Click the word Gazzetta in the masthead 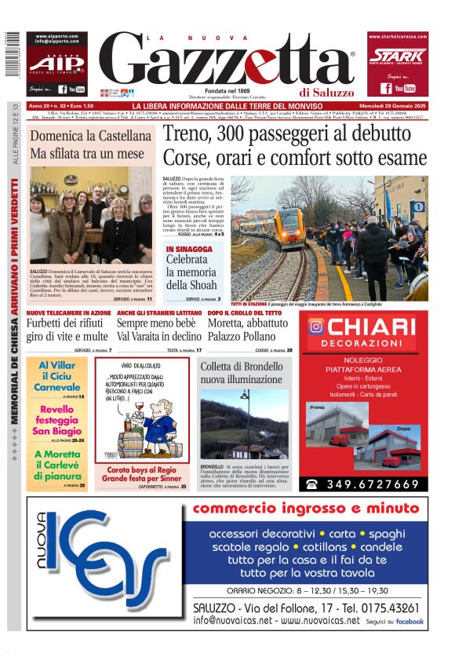[227, 62]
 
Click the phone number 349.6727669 [373, 484]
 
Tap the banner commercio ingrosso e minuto [306, 509]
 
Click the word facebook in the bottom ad [409, 621]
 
